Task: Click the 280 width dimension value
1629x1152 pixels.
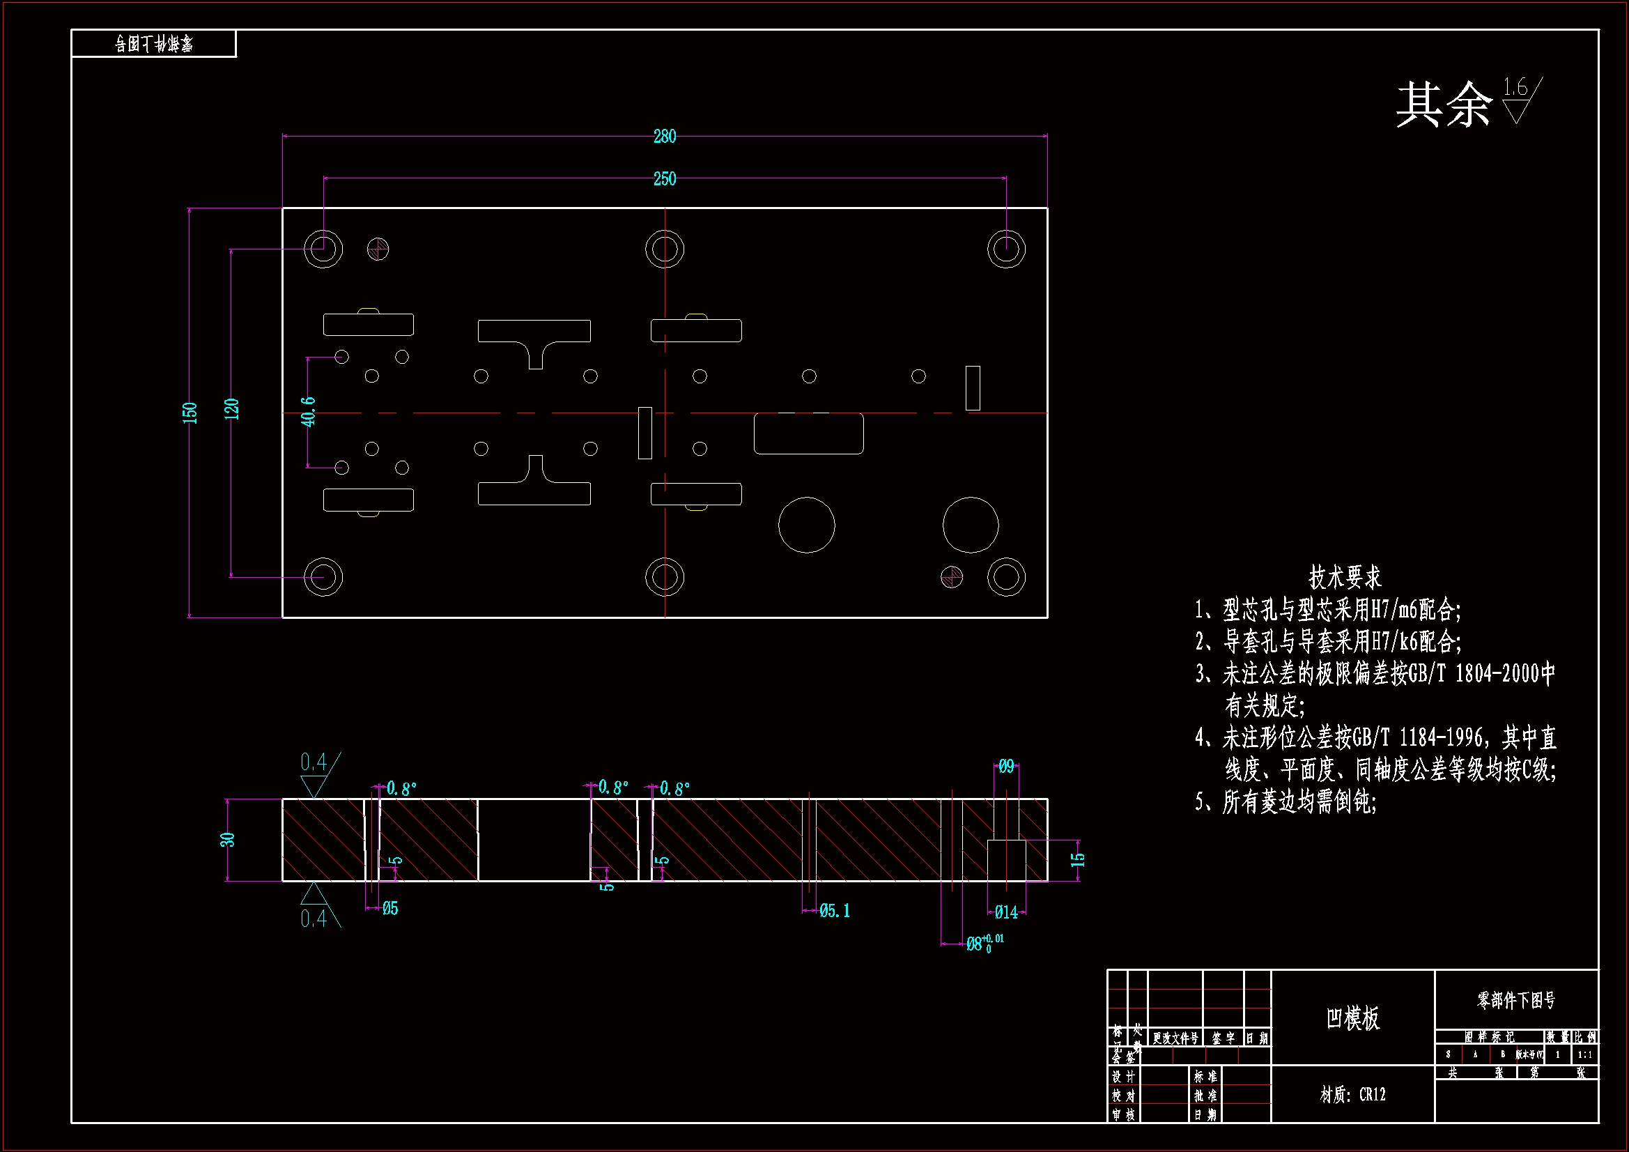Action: click(664, 137)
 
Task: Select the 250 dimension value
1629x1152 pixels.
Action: click(664, 179)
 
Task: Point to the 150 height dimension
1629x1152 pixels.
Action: click(190, 413)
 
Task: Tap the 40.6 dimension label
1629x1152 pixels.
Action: click(308, 412)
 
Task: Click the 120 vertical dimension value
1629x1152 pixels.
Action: click(231, 409)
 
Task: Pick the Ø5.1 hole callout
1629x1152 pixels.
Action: click(835, 911)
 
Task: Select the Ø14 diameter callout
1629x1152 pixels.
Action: click(1006, 912)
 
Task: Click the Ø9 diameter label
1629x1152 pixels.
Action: click(1006, 767)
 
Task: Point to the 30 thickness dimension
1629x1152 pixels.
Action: click(227, 840)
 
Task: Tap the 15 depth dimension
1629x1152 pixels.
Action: click(1078, 859)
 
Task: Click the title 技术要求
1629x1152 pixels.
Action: click(1345, 577)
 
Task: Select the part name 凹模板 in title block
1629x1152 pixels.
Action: click(1352, 1019)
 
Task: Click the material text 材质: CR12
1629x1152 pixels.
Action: click(1352, 1095)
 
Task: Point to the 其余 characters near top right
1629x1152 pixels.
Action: click(1444, 105)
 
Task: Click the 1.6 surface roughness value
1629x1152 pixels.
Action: click(1515, 87)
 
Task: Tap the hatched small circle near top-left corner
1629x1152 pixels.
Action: click(378, 249)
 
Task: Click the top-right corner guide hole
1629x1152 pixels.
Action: click(1006, 249)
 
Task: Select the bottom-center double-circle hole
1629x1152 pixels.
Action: click(664, 577)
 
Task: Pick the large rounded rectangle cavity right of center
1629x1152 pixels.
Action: click(808, 433)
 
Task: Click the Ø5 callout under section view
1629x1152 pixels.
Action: click(390, 909)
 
